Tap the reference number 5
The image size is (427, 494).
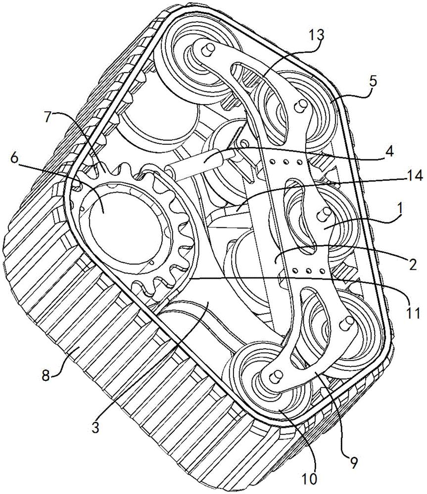(373, 82)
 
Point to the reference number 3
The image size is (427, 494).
(95, 427)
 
